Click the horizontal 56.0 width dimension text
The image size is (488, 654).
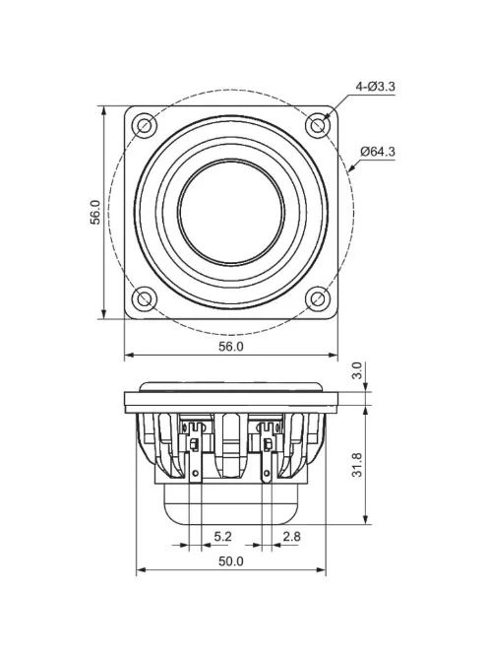pos(230,347)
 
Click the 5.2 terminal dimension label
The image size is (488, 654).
pos(222,537)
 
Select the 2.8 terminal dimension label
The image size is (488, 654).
pos(292,537)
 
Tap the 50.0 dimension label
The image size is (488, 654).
pos(230,561)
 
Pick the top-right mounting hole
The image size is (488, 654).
pos(317,125)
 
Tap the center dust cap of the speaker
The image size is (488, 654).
pos(231,212)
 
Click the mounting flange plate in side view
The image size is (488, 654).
pos(231,400)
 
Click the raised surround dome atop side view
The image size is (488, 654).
pos(231,385)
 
